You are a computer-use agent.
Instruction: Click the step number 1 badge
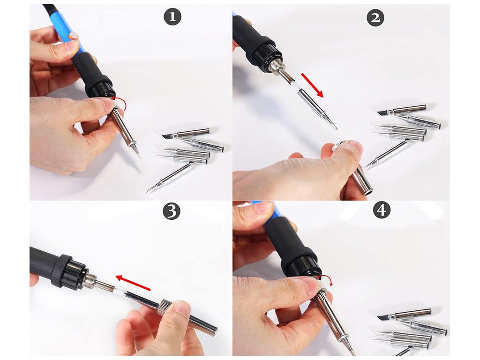172,16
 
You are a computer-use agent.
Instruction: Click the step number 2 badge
375,18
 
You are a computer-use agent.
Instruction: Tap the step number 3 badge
172,211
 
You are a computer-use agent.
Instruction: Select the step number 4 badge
382,210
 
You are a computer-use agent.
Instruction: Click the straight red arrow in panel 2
312,85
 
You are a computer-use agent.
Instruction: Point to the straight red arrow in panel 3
133,282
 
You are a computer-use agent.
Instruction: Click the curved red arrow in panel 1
121,103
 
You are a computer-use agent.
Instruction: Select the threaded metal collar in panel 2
275,65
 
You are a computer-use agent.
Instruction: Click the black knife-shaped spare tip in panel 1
167,135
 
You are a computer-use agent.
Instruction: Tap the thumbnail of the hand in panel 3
184,307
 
